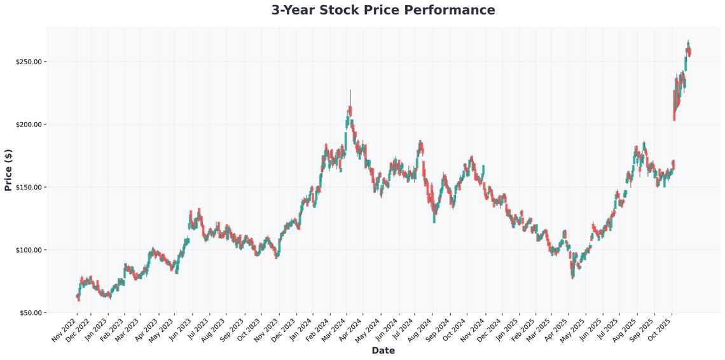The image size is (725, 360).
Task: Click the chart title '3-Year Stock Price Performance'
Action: point(383,10)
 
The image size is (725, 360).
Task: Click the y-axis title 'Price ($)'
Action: point(8,170)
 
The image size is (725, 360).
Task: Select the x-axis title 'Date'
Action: point(383,350)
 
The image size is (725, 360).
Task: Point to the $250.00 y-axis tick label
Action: point(29,62)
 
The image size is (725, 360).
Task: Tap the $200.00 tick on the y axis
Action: point(29,125)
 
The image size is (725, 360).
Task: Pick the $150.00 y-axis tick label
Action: point(29,187)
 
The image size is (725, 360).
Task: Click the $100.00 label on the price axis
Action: point(29,250)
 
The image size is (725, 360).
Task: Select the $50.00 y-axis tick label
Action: point(30,313)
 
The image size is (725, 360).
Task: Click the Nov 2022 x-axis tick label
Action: point(66,329)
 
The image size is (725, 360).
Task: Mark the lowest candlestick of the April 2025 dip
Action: point(573,273)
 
